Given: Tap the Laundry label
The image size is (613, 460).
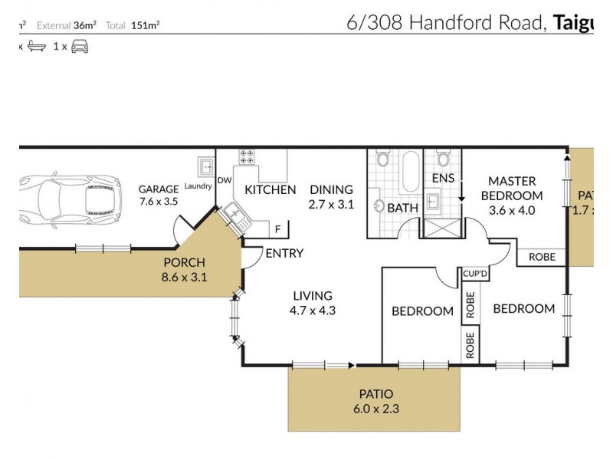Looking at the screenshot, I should (x=197, y=186).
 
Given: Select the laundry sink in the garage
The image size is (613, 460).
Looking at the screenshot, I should (x=205, y=167).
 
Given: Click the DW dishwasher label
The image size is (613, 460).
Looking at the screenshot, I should (x=225, y=180).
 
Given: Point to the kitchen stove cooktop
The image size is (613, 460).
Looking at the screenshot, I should (x=247, y=157).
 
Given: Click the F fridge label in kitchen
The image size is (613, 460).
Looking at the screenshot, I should (x=277, y=228).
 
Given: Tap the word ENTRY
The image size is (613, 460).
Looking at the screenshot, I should (x=284, y=254).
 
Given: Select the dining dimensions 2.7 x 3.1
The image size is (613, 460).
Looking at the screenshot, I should (x=331, y=205).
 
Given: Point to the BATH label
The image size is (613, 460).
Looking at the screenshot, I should (x=402, y=208).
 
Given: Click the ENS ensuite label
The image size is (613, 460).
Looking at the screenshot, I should (x=443, y=179).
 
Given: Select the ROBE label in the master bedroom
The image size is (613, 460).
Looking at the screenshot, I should (x=542, y=258).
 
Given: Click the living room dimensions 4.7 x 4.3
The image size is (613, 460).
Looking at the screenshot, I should (x=312, y=310).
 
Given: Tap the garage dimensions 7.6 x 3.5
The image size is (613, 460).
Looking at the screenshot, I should (x=158, y=202).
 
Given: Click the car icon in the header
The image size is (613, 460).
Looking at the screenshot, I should (x=80, y=47).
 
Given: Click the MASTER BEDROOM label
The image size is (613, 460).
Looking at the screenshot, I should (x=516, y=188).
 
